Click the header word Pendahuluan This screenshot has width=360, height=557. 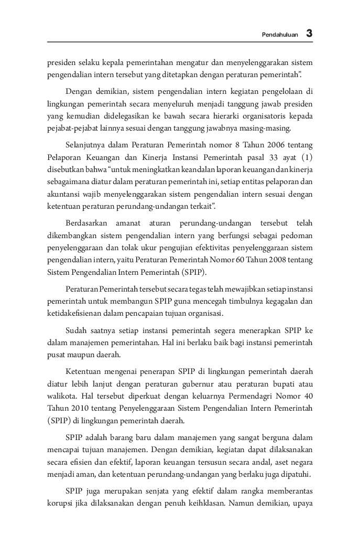click(280, 35)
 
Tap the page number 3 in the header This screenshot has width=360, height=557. click(309, 34)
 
